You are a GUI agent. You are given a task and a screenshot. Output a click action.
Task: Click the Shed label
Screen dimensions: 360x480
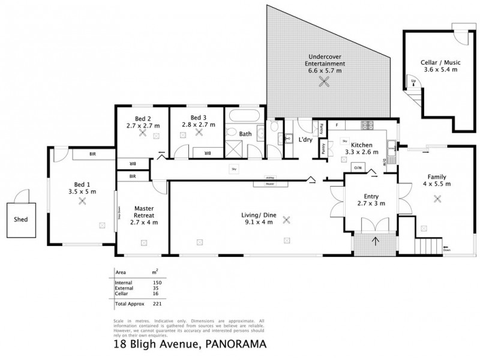(20, 219)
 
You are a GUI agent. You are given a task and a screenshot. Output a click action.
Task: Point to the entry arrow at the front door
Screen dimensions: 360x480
(376, 242)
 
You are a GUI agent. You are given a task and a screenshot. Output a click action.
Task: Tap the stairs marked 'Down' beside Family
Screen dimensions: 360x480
(428, 246)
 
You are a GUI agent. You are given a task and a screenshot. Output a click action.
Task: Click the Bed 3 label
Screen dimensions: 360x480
(198, 117)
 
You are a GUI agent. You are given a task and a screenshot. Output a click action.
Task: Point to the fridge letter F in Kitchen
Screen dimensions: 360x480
(337, 125)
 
